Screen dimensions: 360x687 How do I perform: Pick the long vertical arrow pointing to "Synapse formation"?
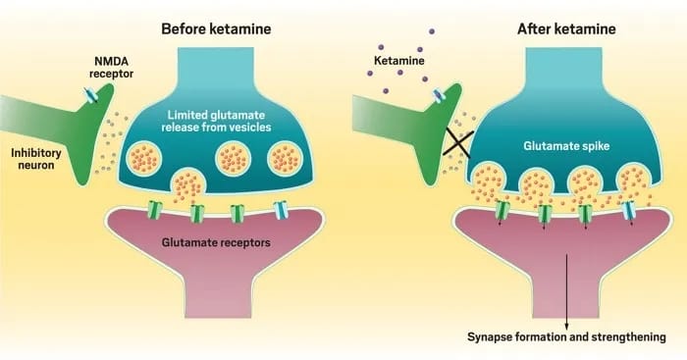pyautogui.click(x=567, y=284)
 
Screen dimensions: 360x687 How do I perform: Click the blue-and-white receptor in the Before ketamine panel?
pyautogui.click(x=283, y=210)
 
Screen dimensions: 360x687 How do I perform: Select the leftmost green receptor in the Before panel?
pyautogui.click(x=155, y=209)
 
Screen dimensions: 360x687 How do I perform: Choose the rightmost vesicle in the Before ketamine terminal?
pyautogui.click(x=285, y=157)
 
